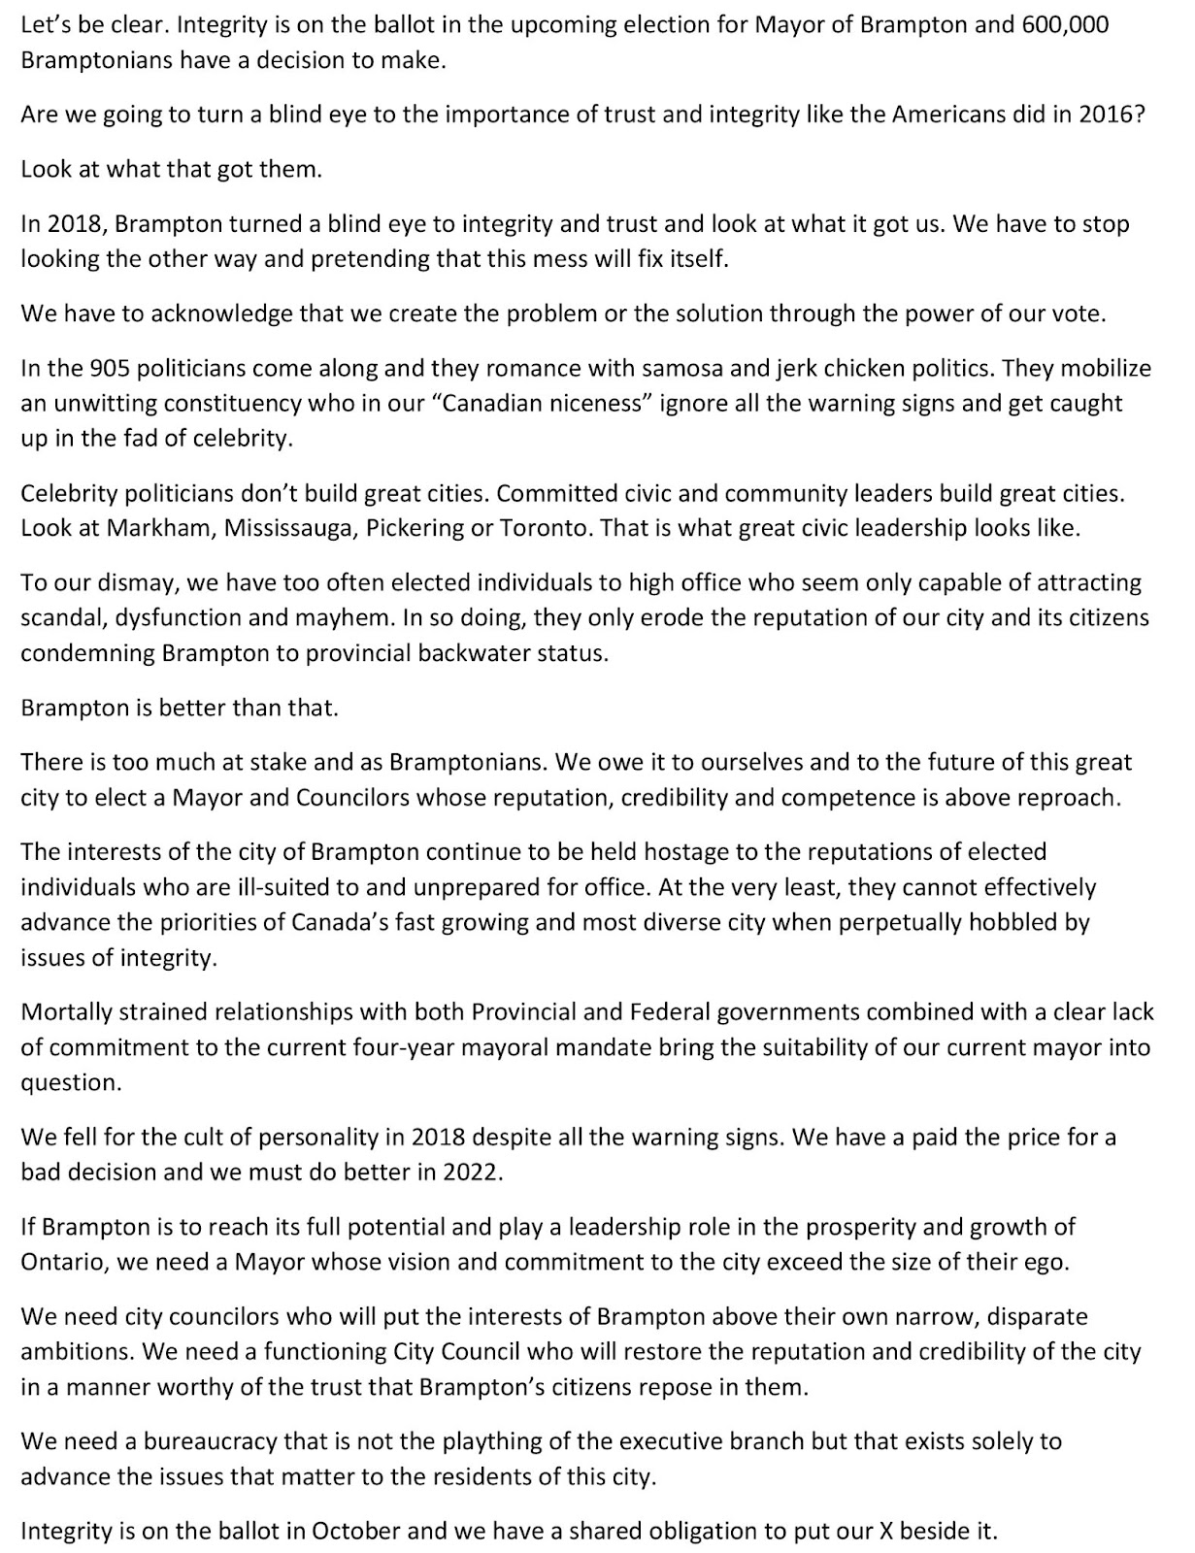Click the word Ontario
click(x=60, y=1262)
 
